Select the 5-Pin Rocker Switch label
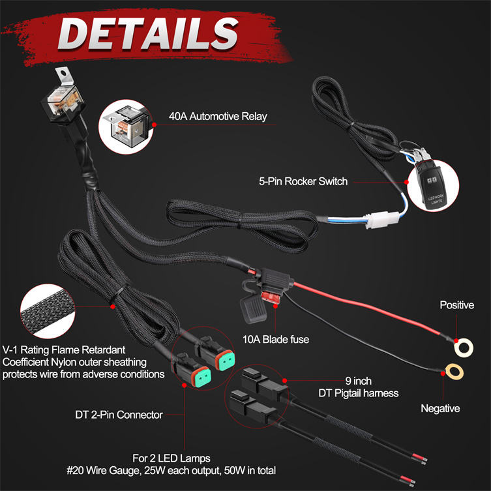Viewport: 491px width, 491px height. tap(304, 181)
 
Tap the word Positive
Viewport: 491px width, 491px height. tap(456, 305)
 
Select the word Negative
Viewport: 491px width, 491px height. tap(440, 409)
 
